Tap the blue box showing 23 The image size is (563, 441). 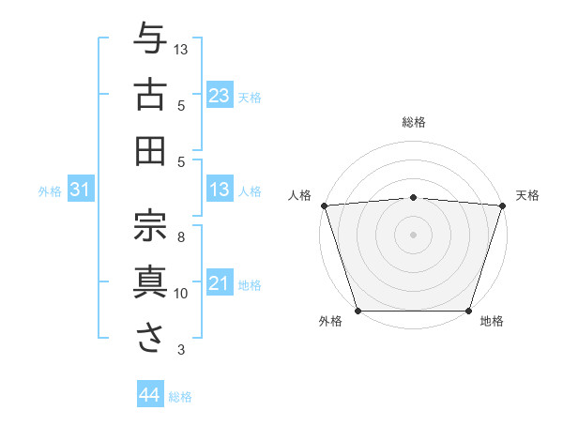point(219,95)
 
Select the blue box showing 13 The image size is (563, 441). point(219,190)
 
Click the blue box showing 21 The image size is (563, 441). point(219,283)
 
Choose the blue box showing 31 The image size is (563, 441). point(80,190)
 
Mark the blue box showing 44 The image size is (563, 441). point(149,395)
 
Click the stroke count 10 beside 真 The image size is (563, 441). point(181,294)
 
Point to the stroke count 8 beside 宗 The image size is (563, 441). point(181,237)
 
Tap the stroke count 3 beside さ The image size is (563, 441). point(181,350)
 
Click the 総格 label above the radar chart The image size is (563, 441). point(414,122)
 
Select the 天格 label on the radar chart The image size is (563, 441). point(528,195)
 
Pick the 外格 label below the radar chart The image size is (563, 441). point(330,322)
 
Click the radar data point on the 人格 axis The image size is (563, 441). point(324,205)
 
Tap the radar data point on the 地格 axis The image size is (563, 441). point(469,311)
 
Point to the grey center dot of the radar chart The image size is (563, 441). point(413,234)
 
